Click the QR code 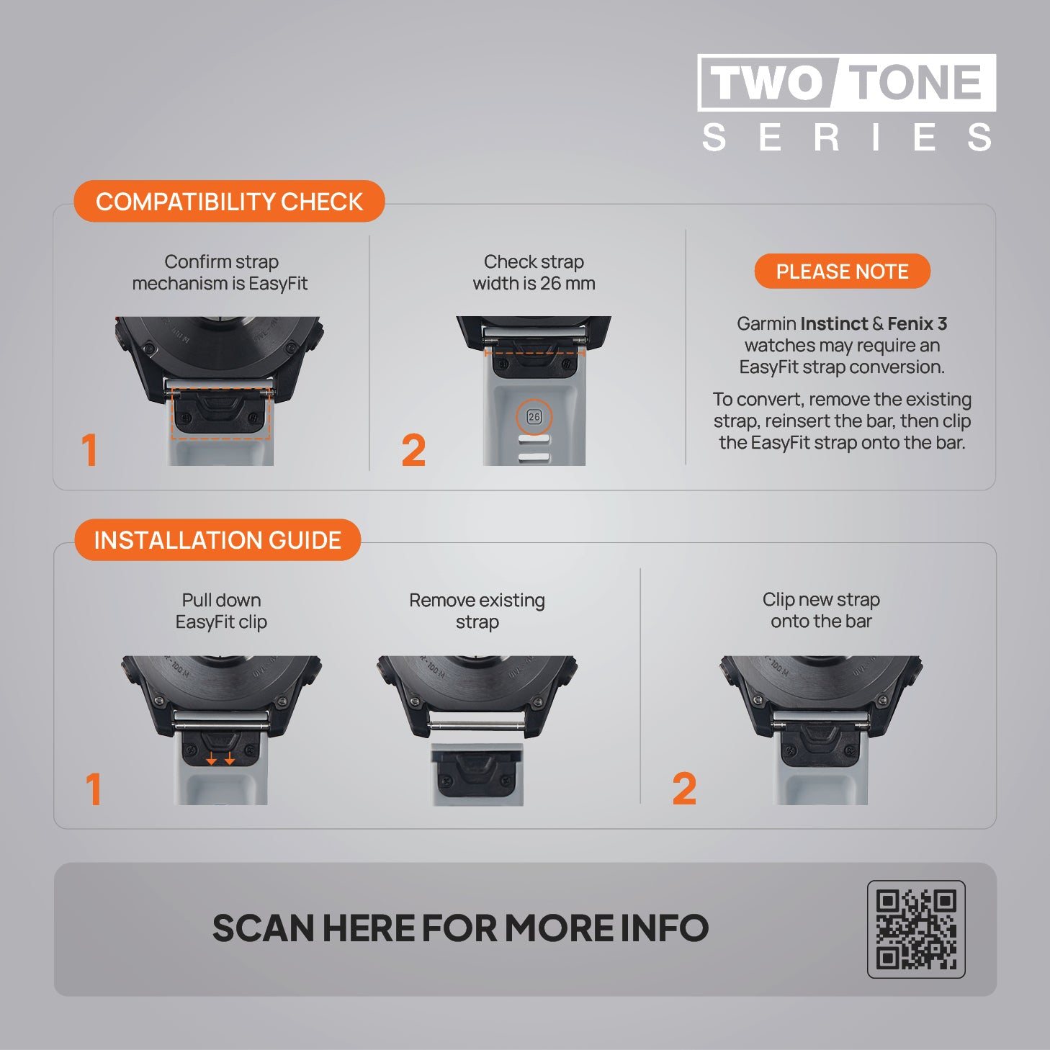click(916, 930)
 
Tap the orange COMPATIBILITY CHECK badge click(229, 201)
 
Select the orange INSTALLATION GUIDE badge click(217, 540)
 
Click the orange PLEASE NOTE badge click(842, 272)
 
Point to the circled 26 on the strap click(534, 417)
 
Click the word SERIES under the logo click(846, 137)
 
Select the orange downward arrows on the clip click(220, 758)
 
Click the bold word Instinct click(834, 323)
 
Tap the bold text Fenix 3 click(917, 323)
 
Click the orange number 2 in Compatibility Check click(413, 451)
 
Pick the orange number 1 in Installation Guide click(94, 789)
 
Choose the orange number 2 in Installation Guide click(684, 789)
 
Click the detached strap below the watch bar click(477, 774)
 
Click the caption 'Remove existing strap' click(477, 611)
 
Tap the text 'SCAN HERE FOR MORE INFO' click(460, 928)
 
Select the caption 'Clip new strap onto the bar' click(821, 610)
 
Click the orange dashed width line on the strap click(534, 353)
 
